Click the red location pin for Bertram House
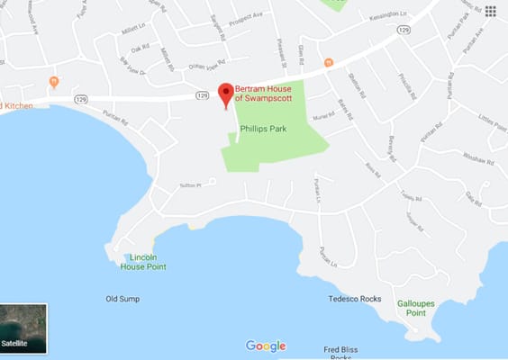point(225,94)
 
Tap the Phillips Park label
point(264,128)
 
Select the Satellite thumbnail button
point(23,328)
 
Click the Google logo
point(266,346)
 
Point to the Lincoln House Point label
point(149,261)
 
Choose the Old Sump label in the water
point(123,299)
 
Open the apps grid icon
point(491,11)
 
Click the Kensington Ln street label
point(386,16)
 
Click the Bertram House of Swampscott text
point(268,94)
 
